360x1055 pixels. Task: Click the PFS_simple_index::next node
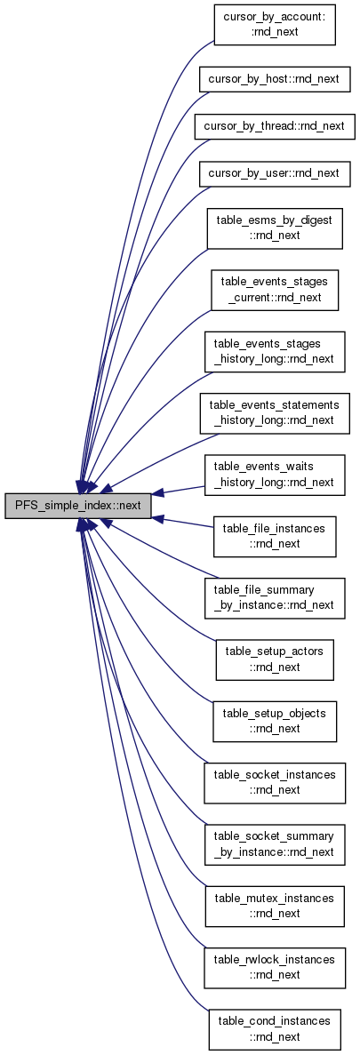click(77, 506)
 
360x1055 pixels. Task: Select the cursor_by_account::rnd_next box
click(275, 25)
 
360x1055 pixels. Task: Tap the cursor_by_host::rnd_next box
click(275, 80)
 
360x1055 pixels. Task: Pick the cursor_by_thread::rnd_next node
click(275, 126)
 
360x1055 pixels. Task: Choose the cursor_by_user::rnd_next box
click(275, 173)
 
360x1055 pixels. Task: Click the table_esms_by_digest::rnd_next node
click(275, 228)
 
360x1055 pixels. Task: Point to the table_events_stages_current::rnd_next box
click(275, 290)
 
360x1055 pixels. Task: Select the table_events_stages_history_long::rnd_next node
click(275, 351)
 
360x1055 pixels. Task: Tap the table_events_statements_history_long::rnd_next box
click(275, 412)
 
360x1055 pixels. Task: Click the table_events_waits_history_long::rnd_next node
click(275, 475)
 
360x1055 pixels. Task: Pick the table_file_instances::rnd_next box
click(275, 536)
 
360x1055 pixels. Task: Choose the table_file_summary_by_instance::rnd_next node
click(275, 597)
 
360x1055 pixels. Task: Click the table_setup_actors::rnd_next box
click(275, 659)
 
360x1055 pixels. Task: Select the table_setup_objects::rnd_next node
click(275, 722)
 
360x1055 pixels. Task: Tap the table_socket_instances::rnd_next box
click(275, 782)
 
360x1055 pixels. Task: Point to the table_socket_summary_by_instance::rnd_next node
click(275, 844)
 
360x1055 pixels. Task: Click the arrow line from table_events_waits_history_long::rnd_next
click(178, 489)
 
